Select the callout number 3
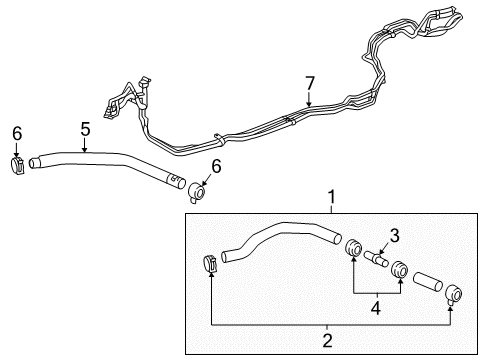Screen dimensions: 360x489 pyautogui.click(x=394, y=236)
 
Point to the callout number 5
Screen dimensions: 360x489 pyautogui.click(x=85, y=128)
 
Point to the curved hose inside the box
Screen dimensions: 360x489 pyautogui.click(x=280, y=245)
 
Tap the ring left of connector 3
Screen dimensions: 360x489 pyautogui.click(x=354, y=249)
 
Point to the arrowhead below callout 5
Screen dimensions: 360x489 pyautogui.click(x=85, y=148)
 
